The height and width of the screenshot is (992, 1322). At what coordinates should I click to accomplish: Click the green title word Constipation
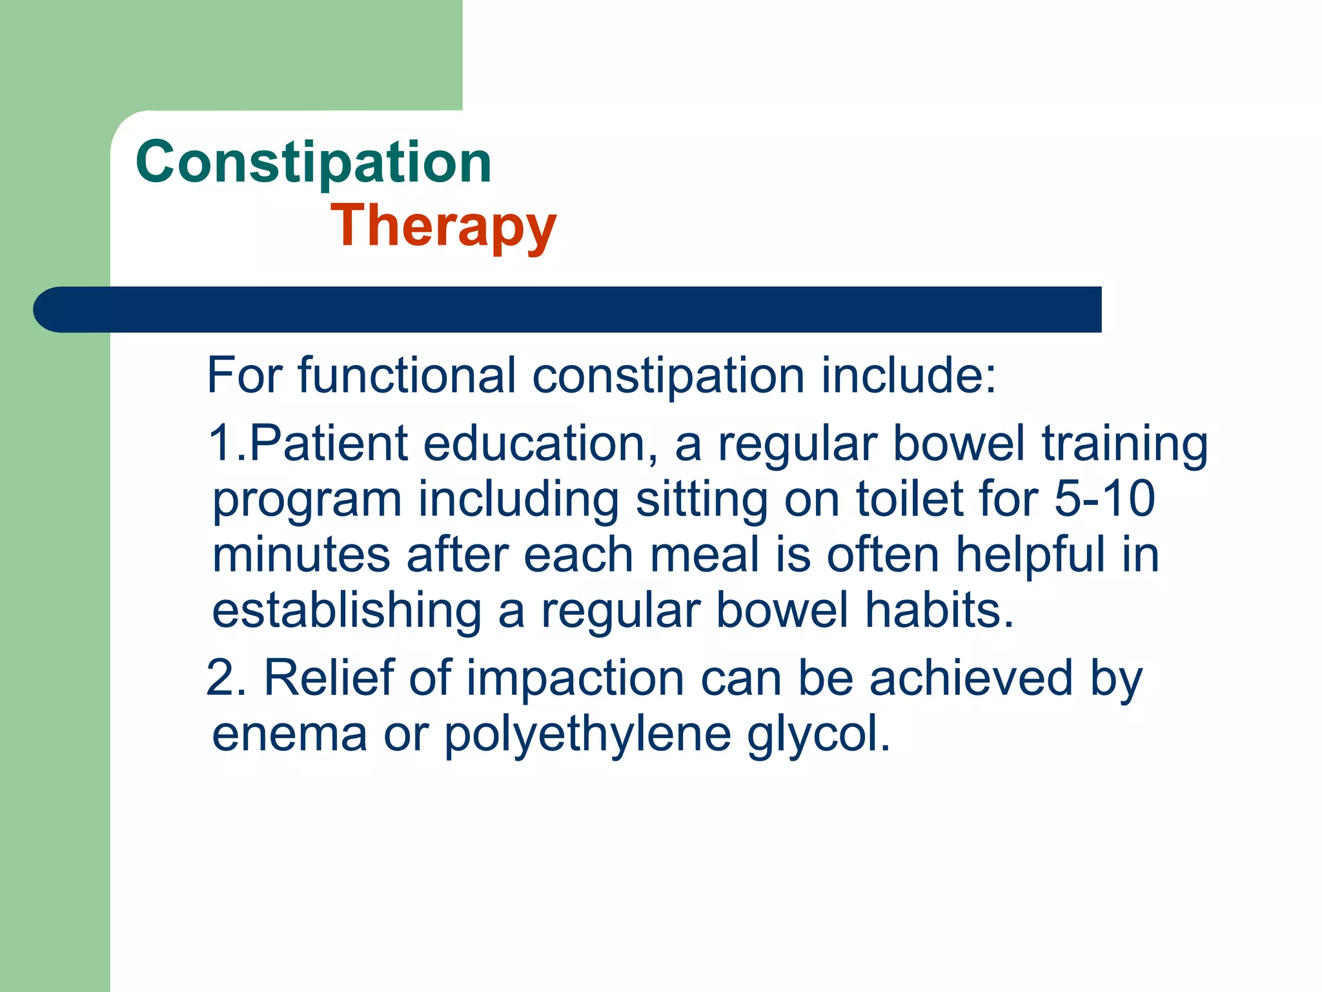click(x=314, y=163)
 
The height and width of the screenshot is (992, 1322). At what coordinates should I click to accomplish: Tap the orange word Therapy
click(x=443, y=226)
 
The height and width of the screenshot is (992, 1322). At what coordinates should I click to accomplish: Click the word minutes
click(x=301, y=555)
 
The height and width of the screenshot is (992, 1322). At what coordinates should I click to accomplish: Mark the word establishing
click(x=347, y=612)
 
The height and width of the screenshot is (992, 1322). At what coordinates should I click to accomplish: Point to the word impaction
click(x=575, y=680)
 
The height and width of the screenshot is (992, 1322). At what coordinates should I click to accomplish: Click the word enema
click(x=289, y=734)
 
